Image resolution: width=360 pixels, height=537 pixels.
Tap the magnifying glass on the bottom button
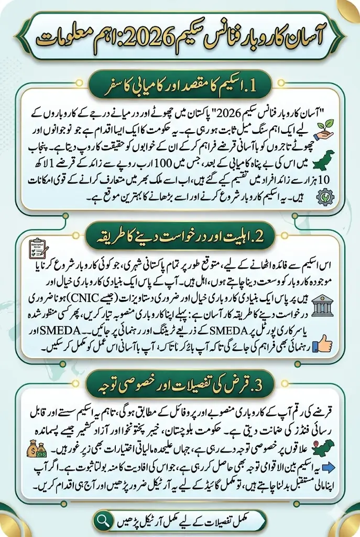coord(102,520)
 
